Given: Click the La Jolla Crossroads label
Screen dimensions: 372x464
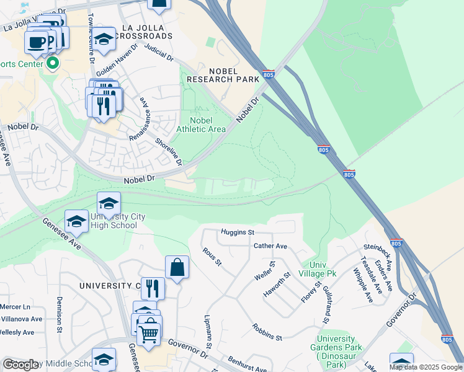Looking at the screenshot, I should click(147, 32).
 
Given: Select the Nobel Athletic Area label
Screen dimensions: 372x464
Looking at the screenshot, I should click(200, 125).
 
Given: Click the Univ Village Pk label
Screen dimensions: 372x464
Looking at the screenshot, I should click(323, 268).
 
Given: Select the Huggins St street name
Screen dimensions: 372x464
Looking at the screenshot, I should click(238, 232).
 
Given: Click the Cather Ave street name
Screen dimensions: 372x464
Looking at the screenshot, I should click(270, 246).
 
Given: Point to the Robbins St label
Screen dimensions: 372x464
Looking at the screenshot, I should click(267, 332).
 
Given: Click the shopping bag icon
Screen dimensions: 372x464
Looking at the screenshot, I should click(177, 268).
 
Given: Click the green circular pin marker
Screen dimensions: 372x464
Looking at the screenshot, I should click(53, 63).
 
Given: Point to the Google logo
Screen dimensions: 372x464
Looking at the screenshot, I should click(21, 365).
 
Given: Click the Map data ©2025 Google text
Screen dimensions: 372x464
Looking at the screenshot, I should click(426, 367).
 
